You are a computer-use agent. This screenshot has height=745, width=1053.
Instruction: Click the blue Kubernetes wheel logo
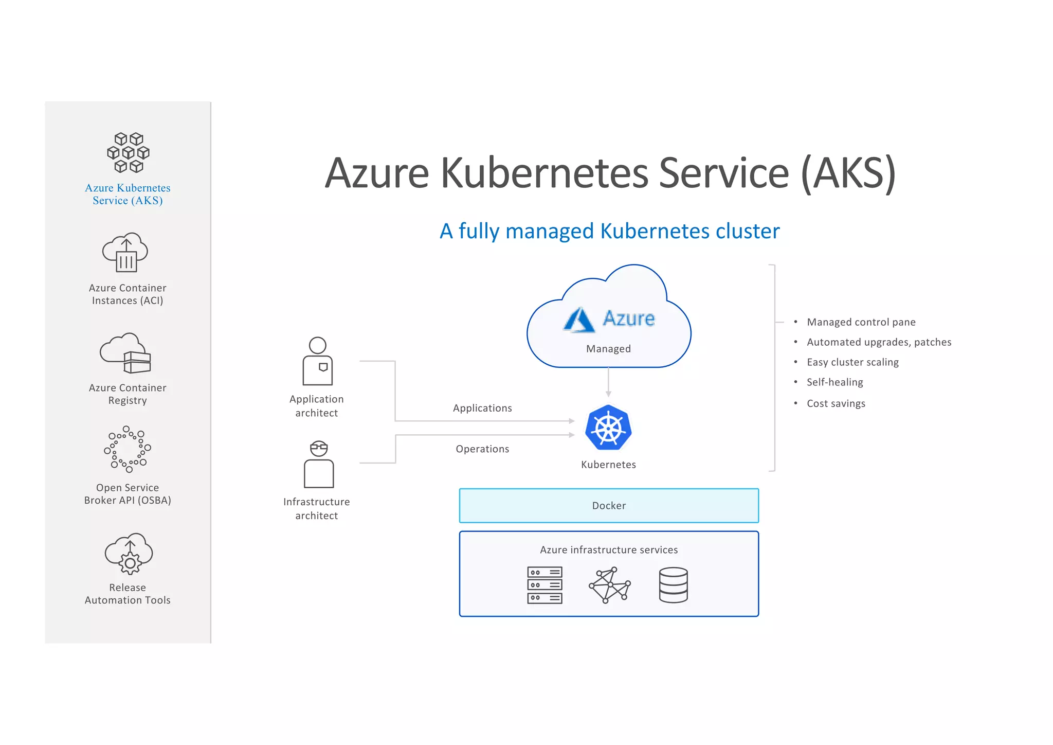[x=608, y=428]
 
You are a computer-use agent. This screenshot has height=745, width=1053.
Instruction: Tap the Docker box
[x=609, y=505]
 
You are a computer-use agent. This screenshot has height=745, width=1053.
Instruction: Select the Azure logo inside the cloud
[x=609, y=319]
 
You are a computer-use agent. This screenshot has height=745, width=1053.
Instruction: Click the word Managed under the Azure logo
[x=608, y=349]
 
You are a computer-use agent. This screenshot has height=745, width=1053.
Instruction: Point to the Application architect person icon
[x=318, y=361]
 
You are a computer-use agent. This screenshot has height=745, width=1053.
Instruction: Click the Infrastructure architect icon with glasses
[x=319, y=464]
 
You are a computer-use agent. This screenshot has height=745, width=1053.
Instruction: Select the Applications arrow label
[x=482, y=408]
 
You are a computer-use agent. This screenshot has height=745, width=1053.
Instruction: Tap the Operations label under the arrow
[x=482, y=449]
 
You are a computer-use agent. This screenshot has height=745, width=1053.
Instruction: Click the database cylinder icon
[x=673, y=585]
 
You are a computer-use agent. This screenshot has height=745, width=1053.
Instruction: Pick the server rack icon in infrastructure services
[x=544, y=585]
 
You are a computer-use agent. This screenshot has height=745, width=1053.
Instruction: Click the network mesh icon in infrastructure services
[x=609, y=585]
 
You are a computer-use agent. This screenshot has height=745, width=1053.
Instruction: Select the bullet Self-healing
[x=834, y=382]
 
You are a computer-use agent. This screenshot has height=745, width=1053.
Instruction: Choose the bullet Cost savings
[x=836, y=403]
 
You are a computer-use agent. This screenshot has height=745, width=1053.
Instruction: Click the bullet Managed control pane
[x=861, y=322]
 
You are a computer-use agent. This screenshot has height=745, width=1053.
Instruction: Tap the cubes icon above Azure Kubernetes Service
[x=128, y=152]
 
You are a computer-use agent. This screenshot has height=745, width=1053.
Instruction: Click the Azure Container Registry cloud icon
[x=125, y=353]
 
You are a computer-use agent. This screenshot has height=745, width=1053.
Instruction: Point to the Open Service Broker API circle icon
[x=128, y=449]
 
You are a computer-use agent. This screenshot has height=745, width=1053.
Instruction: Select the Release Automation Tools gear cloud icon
[x=129, y=554]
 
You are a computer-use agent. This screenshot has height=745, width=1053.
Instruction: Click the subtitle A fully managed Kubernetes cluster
[x=609, y=231]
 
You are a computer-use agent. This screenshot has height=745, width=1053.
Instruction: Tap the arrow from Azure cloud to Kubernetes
[x=608, y=382]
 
